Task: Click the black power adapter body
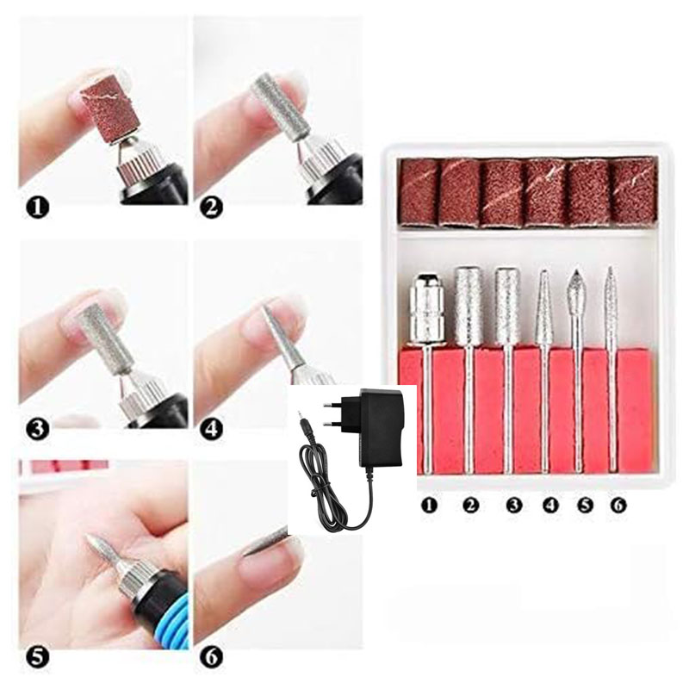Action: point(381,428)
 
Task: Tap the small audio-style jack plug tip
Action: point(300,415)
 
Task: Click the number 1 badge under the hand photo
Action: point(37,208)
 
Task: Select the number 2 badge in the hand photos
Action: point(211,208)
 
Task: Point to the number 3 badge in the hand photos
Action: point(37,429)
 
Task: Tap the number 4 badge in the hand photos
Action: point(211,429)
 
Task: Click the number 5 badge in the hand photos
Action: point(37,657)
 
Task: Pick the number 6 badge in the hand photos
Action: point(211,657)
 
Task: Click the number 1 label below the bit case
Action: point(429,505)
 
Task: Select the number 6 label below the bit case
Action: point(618,505)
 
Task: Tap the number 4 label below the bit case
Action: point(549,505)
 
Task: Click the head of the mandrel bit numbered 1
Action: point(425,307)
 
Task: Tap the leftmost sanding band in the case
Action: point(419,193)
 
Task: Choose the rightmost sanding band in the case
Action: point(633,191)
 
